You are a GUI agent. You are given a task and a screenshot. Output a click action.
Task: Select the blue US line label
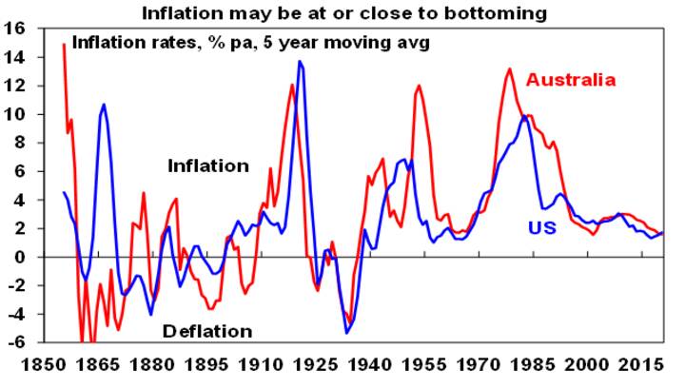pos(542,227)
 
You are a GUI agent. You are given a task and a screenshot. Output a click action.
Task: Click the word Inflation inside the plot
pos(208,165)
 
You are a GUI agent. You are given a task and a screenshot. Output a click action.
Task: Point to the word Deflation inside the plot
pos(207,331)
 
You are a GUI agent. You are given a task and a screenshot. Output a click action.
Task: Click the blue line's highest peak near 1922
pos(300,62)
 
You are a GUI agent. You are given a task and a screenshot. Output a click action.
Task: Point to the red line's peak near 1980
pos(510,68)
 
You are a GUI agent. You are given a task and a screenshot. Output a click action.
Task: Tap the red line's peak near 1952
pos(419,86)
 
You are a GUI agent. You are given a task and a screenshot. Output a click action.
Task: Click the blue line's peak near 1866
pos(103,105)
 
